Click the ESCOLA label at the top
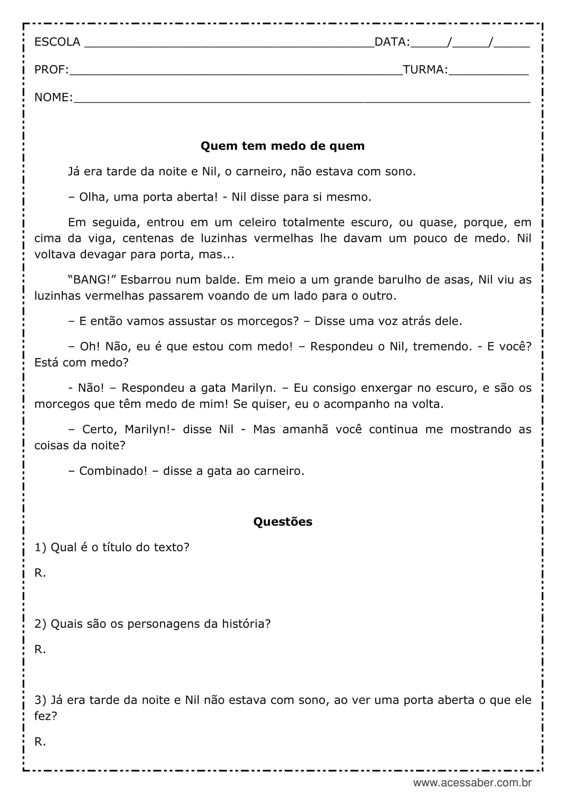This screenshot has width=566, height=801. coord(57,42)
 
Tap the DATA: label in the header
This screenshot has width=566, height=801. coord(392,42)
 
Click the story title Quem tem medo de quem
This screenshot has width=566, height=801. coord(283,146)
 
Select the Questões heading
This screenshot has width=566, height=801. coord(283,522)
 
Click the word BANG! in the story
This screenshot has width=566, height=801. coord(92,280)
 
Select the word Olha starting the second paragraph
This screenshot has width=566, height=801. coord(91,197)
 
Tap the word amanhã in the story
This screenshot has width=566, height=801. coord(305,429)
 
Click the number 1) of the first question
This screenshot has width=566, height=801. coord(40,547)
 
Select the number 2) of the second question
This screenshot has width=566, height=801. coord(40,624)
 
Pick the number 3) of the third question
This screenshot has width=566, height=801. coord(40,700)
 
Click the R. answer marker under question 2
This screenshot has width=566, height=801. coord(40,649)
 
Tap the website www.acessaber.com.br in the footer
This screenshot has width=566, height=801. coord(472,783)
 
